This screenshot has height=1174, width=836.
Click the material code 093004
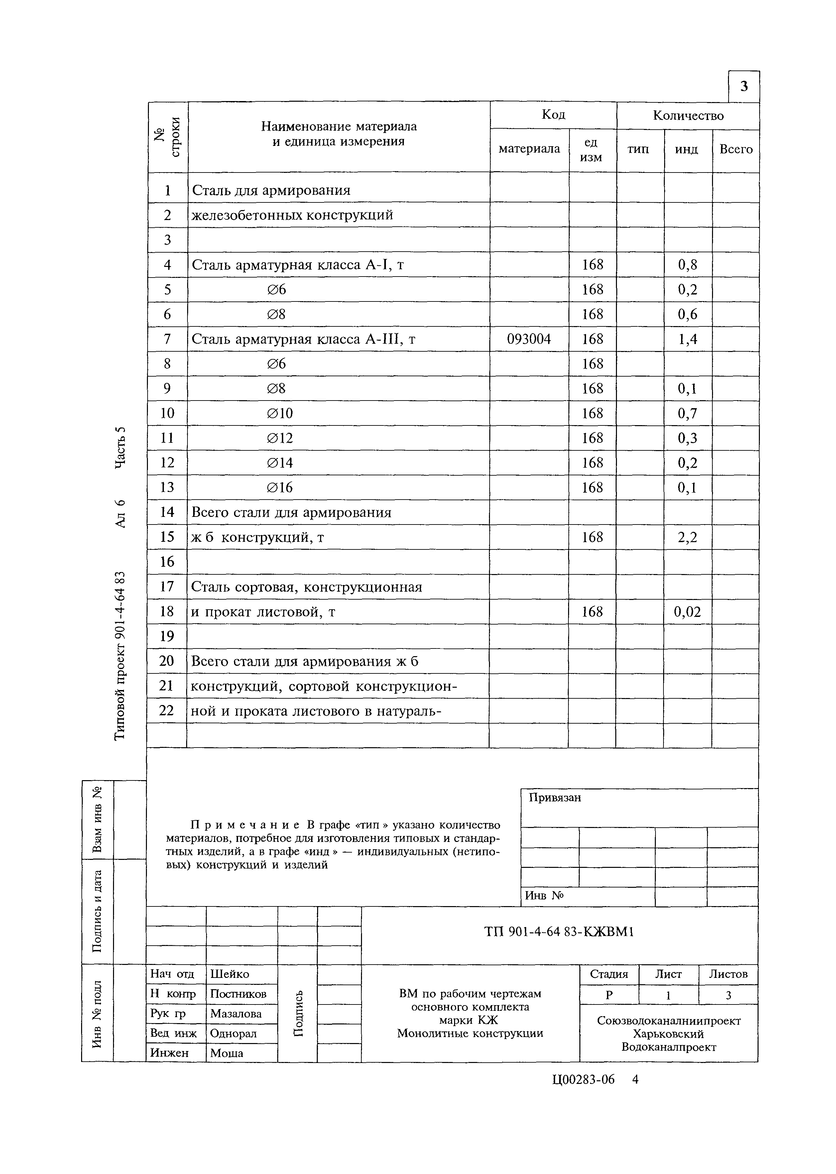point(529,339)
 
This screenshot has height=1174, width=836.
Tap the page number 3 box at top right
point(744,86)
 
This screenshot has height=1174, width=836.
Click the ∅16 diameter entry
point(280,487)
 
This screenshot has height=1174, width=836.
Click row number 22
point(167,711)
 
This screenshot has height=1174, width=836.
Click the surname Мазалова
point(236,1013)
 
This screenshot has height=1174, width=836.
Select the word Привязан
point(555,798)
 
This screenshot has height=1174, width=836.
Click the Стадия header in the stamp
point(609,974)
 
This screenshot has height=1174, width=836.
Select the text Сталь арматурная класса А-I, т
point(298,265)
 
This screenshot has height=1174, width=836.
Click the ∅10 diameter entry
point(280,413)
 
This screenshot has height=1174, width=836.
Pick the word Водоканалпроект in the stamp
point(669,1047)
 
